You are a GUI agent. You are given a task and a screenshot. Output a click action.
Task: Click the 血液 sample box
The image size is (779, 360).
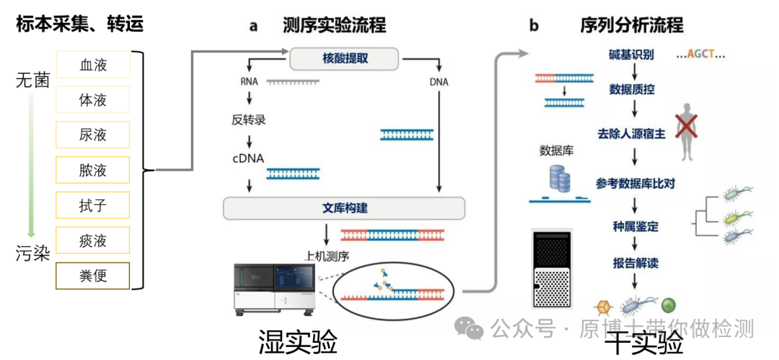[x=92, y=65]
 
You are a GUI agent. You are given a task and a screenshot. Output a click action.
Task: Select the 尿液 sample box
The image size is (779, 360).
[x=92, y=135]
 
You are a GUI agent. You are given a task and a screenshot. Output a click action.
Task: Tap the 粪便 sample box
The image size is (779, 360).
[x=92, y=275]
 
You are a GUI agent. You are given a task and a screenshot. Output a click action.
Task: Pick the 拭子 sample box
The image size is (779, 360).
[x=92, y=205]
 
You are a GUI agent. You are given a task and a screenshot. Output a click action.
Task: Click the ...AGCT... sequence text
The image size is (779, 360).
[x=701, y=55]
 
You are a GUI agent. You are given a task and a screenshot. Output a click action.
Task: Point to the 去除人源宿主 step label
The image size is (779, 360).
[x=633, y=134]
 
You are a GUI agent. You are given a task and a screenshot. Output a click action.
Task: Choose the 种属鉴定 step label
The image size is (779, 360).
[x=632, y=227]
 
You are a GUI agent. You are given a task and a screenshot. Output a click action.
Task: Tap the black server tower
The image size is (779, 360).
[x=550, y=268]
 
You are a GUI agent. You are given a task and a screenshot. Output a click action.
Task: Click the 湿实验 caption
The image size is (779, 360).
[x=298, y=342]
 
